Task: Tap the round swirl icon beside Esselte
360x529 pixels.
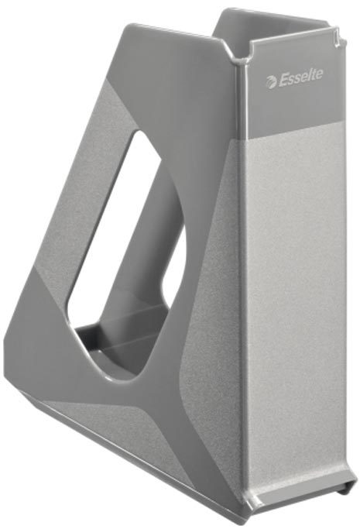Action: pyautogui.click(x=271, y=82)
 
